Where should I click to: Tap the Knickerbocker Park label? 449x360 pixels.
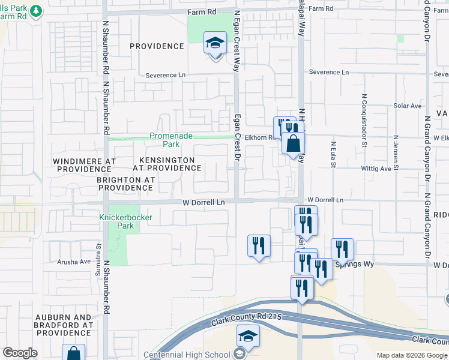[x=117, y=221]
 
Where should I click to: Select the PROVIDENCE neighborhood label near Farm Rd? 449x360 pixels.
[x=156, y=46]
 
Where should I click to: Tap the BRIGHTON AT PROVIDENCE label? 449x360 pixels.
[x=126, y=184]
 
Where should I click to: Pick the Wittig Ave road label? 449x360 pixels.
[x=376, y=169]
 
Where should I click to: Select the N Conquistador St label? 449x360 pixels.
[x=364, y=120]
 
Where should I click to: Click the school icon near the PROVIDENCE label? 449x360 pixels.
[x=215, y=43]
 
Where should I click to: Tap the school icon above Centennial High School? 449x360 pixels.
[x=248, y=337]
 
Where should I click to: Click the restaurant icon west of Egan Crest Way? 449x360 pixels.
[x=259, y=245]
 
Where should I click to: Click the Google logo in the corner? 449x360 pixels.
[x=20, y=353]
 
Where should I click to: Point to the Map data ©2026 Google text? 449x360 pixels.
[x=411, y=355]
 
